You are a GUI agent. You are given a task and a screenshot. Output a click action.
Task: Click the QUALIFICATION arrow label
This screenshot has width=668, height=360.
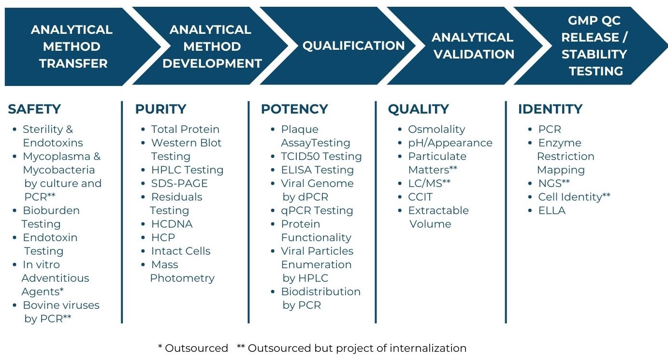353,46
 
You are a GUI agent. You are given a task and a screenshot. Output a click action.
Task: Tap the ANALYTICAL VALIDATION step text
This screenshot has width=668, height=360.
473,46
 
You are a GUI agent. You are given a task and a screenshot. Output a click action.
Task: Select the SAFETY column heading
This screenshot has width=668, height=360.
34,109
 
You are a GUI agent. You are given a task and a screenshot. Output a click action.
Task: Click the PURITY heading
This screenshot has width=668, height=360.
160,109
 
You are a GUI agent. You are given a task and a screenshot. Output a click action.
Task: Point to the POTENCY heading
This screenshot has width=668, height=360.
294,109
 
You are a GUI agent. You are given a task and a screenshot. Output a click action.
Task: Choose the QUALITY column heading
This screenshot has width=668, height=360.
418,109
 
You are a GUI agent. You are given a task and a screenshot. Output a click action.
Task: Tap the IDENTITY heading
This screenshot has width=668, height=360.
550,109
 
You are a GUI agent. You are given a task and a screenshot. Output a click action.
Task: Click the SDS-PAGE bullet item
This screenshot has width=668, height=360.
179,184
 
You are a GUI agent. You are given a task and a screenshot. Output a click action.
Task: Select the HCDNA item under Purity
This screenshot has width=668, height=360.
172,224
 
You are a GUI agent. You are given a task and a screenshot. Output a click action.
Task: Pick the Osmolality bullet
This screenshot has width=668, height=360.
436,130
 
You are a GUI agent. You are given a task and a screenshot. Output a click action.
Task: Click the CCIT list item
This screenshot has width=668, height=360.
420,197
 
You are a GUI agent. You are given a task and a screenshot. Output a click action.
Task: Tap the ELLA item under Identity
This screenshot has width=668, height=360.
552,211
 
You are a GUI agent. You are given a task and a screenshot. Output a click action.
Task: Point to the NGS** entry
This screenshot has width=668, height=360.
554,184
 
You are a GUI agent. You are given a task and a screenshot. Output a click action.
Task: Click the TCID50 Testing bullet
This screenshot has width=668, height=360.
321,157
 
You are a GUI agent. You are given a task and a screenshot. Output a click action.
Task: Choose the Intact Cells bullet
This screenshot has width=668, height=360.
181,251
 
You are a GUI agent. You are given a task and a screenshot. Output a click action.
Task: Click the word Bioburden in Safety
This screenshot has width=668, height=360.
51,211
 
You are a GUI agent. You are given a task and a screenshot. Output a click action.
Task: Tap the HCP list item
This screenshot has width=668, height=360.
163,238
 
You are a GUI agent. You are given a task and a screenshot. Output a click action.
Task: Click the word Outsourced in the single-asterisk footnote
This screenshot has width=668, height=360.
196,348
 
